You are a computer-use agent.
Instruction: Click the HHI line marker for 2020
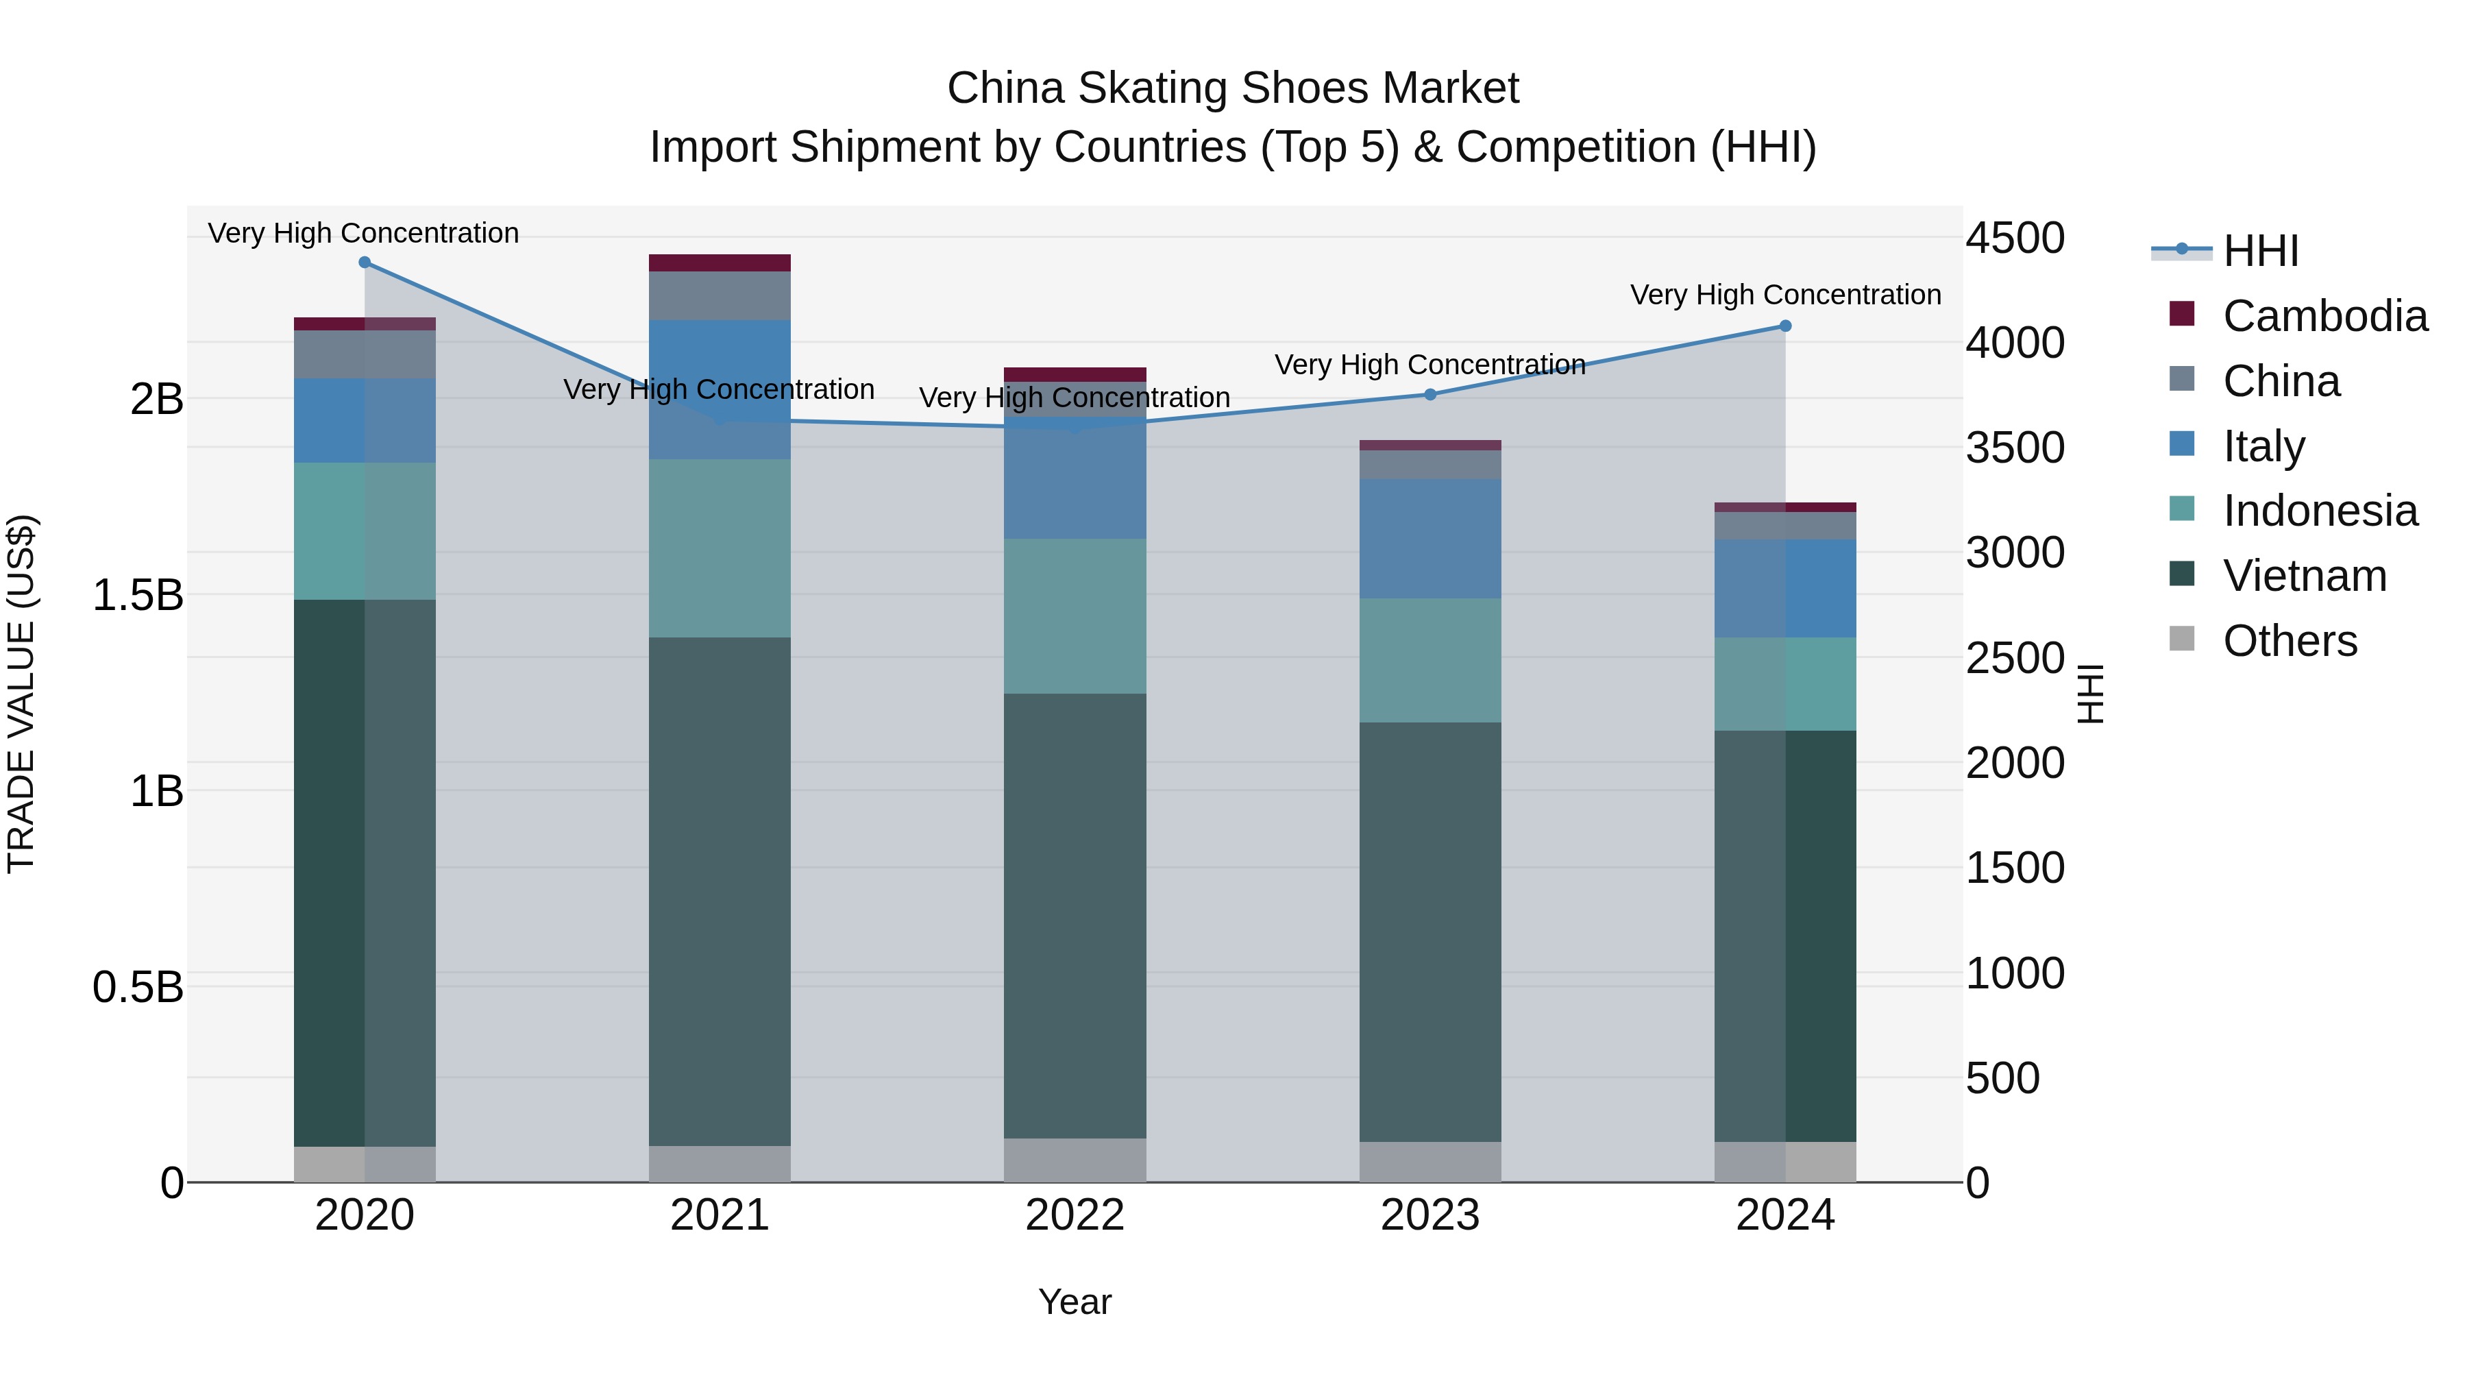[364, 263]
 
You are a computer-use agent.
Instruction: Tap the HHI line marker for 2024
[1785, 326]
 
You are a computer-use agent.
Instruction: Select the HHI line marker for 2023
[1429, 395]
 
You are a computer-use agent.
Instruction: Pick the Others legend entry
[2289, 641]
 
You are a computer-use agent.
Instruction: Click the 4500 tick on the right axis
[2015, 238]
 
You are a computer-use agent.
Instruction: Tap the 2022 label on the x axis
[1075, 1215]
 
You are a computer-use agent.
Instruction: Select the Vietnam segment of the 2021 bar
[720, 891]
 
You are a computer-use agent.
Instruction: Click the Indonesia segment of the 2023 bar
[1429, 661]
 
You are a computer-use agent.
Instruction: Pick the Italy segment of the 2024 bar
[1785, 588]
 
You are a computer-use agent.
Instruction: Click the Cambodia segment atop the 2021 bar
[720, 263]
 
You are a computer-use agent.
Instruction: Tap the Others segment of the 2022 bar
[1075, 1160]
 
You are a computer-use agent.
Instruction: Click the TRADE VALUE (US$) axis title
[21, 694]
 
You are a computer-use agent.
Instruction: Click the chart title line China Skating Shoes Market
[1233, 88]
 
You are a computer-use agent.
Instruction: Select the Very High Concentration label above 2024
[1785, 295]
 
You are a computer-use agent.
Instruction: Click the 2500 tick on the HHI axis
[2015, 658]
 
